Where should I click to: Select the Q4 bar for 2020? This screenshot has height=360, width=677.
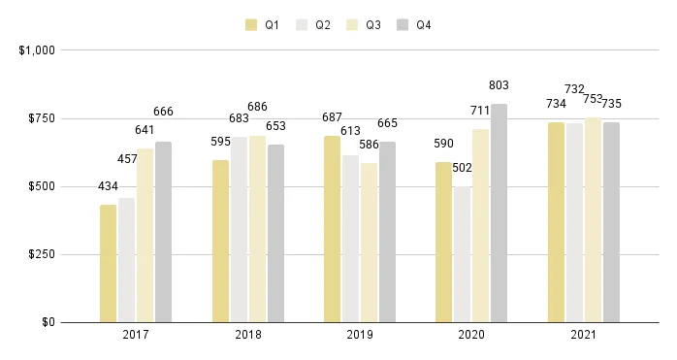(499, 213)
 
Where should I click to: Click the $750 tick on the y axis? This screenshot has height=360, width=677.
(39, 118)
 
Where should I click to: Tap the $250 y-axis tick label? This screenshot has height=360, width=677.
(39, 254)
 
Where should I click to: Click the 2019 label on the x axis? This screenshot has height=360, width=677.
(360, 335)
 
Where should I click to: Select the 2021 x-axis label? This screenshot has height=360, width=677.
(584, 335)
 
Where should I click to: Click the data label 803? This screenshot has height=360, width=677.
(499, 85)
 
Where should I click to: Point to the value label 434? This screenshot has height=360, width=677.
(108, 186)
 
